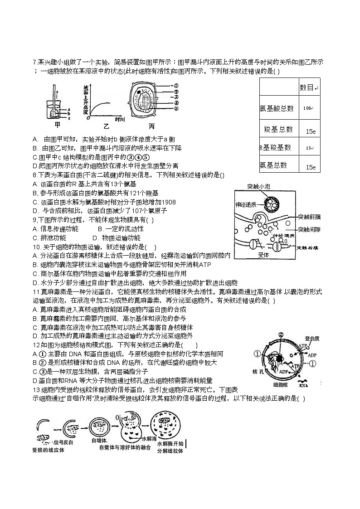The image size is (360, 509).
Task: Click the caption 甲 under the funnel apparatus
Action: (57, 125)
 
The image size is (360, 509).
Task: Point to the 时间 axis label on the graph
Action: (120, 119)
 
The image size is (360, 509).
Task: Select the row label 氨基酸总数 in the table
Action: (277, 108)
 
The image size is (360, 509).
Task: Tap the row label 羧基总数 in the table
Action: (278, 129)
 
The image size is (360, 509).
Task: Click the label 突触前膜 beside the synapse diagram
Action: (309, 217)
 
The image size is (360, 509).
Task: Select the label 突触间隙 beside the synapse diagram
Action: (309, 229)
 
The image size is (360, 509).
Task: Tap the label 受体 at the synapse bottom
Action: (263, 255)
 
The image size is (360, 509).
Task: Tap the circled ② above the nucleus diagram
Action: (281, 335)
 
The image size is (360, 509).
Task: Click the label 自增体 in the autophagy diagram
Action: (98, 440)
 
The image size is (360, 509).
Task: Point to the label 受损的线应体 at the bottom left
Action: (49, 450)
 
